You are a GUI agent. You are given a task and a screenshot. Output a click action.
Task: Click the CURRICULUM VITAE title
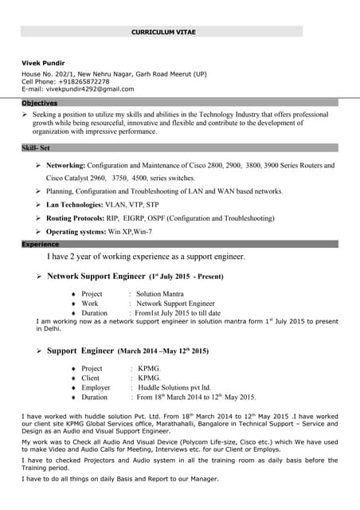163,31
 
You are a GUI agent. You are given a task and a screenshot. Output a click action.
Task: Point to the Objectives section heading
39,103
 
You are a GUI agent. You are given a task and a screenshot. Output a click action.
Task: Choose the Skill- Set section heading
36,148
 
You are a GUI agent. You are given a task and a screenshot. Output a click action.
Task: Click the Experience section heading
40,244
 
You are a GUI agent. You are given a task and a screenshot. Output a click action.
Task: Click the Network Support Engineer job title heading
96,277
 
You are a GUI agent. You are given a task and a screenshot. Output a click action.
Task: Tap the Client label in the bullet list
92,378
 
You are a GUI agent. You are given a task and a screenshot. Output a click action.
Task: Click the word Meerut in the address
174,73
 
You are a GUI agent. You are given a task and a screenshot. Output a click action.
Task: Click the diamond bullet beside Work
72,304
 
